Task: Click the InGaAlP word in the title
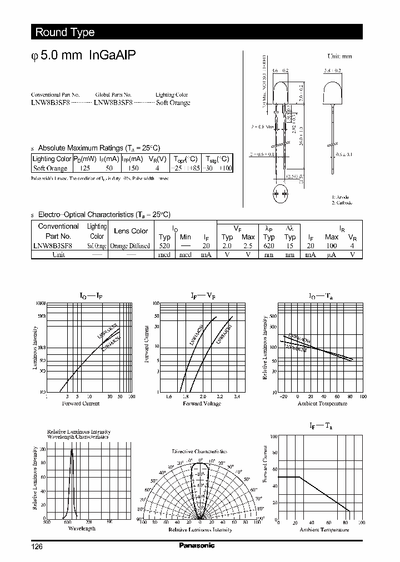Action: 112,56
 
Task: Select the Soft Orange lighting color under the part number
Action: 173,103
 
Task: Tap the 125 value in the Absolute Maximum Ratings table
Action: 85,168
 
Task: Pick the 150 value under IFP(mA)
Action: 133,168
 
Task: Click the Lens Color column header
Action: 131,231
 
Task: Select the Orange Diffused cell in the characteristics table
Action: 130,245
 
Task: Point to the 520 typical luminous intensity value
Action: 164,245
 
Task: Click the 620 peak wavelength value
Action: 270,245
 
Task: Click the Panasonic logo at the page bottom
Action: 197,546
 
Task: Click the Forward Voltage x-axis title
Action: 203,404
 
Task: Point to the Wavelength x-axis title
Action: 82,528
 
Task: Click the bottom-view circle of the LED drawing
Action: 281,194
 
